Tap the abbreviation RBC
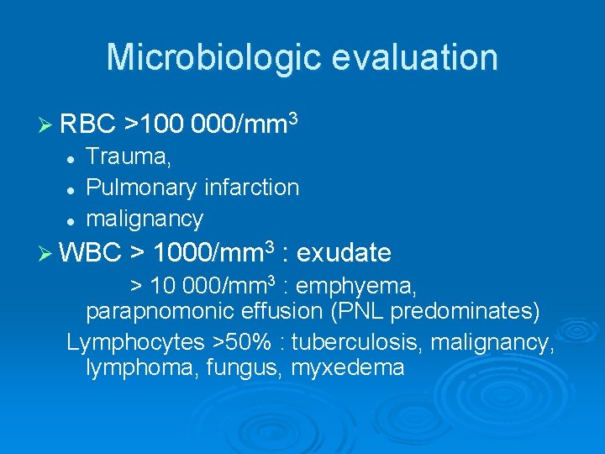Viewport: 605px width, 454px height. [88, 124]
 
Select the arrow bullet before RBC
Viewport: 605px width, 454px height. [48, 124]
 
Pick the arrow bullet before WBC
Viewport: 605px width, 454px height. [48, 252]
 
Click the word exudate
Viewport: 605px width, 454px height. [344, 252]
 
